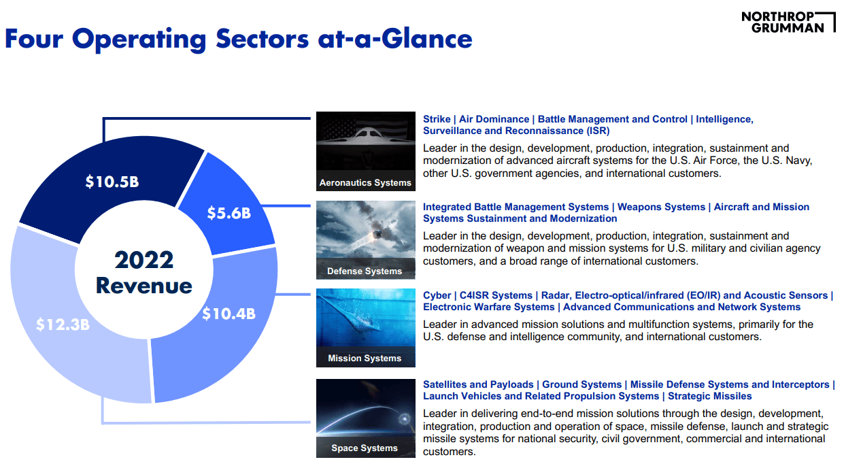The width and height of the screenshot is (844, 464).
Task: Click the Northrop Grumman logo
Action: click(x=788, y=22)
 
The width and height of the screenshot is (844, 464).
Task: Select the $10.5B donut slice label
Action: click(x=112, y=182)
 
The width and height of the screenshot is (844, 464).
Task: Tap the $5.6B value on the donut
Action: click(x=229, y=214)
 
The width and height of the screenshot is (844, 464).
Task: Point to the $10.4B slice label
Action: click(x=229, y=314)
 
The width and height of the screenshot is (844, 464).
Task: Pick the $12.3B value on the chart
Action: click(x=63, y=324)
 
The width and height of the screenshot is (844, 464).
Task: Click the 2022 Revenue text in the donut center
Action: click(x=144, y=272)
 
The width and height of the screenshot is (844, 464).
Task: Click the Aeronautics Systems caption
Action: click(x=365, y=182)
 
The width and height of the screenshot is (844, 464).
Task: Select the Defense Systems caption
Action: click(x=365, y=271)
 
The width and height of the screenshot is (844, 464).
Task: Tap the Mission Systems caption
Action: click(x=365, y=358)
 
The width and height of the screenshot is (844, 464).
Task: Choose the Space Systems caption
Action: click(x=365, y=448)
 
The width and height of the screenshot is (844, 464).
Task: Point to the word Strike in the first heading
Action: click(x=437, y=119)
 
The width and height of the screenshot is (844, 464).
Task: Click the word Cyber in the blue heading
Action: click(x=437, y=295)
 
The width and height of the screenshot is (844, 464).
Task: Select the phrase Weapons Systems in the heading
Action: click(x=662, y=207)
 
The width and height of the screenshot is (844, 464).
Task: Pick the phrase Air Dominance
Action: click(x=494, y=119)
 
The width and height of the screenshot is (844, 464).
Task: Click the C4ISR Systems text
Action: click(x=496, y=295)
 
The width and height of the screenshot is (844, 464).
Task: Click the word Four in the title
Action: click(x=34, y=39)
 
